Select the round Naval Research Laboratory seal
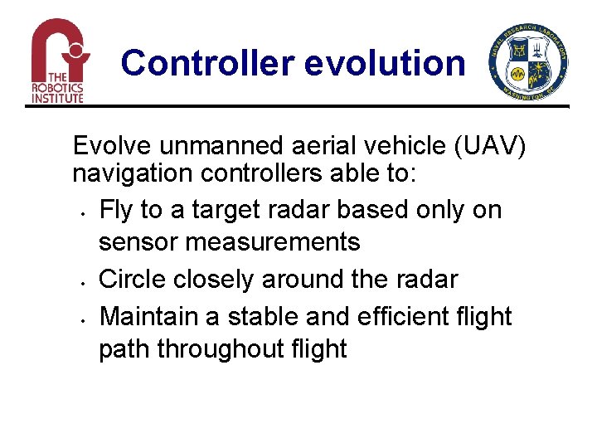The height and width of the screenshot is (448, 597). coord(529,63)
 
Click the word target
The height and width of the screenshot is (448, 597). coord(222,210)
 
